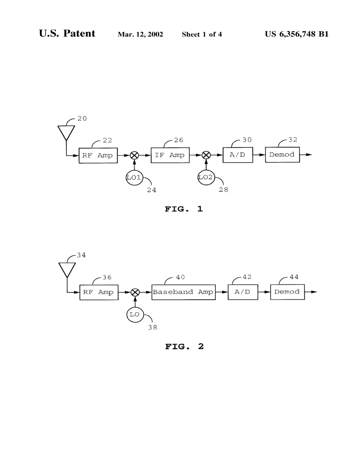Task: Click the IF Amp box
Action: coord(170,155)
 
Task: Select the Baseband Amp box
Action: coord(183,292)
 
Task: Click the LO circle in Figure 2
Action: coord(135,314)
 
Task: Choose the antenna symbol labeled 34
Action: coord(67,270)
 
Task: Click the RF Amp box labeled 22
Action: coord(98,155)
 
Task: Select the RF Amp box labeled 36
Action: coord(98,292)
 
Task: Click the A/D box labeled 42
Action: coord(243,292)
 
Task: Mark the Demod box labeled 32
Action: coord(282,155)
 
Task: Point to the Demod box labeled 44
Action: coord(287,292)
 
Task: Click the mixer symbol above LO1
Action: coord(134,155)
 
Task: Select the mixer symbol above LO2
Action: coord(206,155)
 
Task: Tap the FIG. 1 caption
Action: coord(183,209)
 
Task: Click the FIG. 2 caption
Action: coord(184,347)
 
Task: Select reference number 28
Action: coord(223,190)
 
